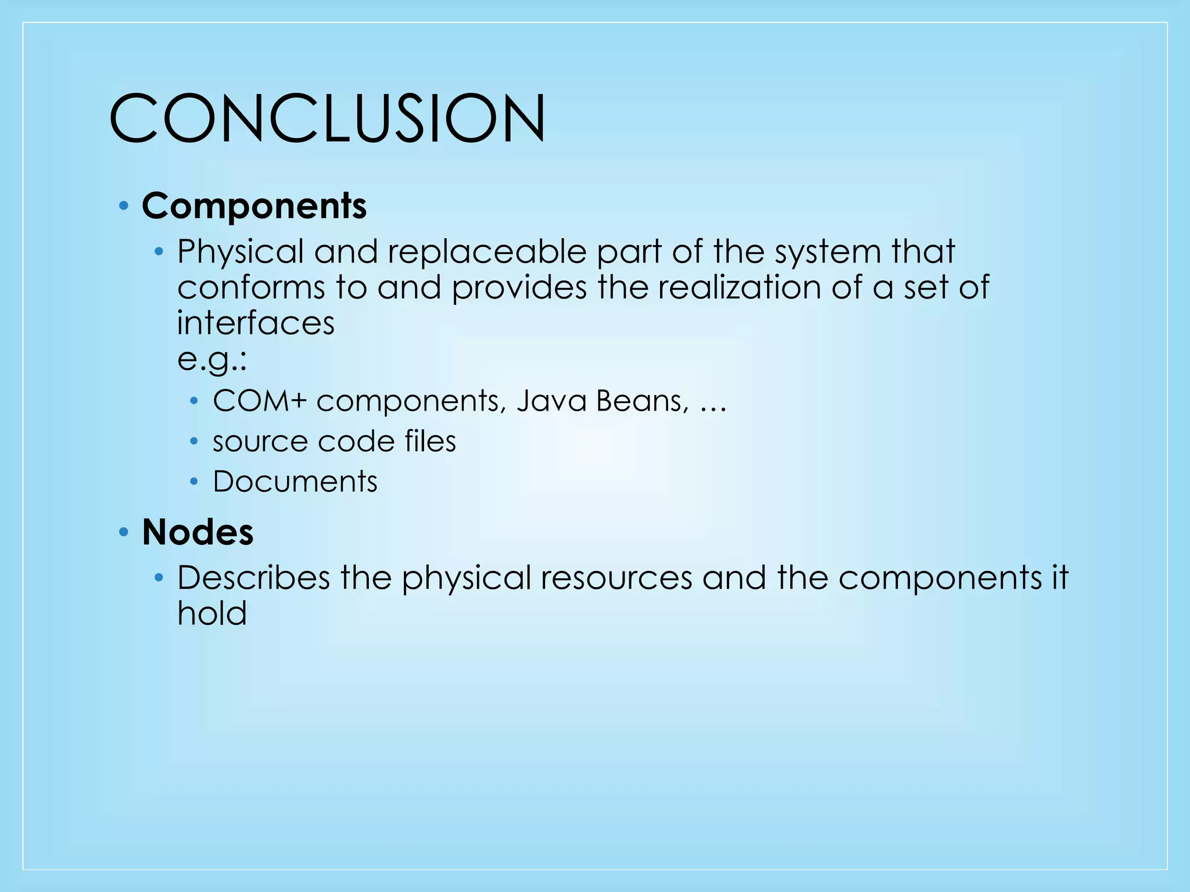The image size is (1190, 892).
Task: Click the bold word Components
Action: point(254,206)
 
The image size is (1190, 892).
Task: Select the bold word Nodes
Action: point(198,532)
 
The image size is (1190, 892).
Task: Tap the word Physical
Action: point(241,253)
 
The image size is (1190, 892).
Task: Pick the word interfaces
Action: point(256,323)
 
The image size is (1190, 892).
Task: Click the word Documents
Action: point(295,481)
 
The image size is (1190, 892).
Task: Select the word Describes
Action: point(253,578)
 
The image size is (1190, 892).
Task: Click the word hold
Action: point(212,613)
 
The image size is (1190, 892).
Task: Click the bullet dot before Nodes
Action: point(123,532)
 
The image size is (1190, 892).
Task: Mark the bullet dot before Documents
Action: point(195,481)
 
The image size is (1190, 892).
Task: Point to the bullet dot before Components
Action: point(123,206)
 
